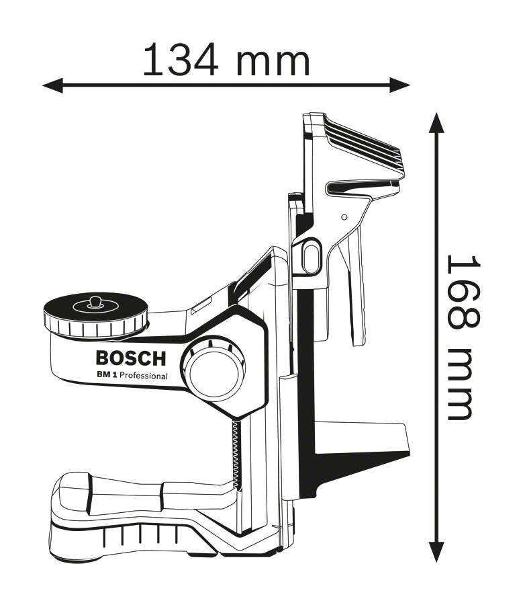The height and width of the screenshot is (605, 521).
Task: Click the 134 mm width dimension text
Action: click(226, 60)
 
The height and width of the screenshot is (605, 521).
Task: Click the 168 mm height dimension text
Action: click(463, 337)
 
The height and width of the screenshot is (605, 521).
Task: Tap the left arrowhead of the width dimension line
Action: click(53, 85)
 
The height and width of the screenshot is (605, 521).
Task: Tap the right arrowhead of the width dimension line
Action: click(399, 85)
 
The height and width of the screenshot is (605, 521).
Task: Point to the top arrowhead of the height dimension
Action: click(436, 123)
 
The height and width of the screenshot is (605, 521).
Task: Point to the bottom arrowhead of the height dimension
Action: click(436, 551)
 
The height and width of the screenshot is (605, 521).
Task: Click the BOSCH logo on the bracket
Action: click(131, 358)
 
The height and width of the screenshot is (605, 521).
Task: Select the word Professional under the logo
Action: click(144, 376)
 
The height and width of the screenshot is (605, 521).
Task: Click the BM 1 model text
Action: click(107, 374)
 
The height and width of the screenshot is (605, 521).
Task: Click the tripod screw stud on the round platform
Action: click(93, 302)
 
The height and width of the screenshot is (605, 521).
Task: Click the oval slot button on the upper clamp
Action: click(310, 256)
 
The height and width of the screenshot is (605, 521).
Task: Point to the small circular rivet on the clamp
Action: click(344, 217)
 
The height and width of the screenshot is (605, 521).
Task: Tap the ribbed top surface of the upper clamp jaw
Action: click(363, 142)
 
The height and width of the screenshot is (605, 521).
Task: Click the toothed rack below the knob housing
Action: click(235, 452)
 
